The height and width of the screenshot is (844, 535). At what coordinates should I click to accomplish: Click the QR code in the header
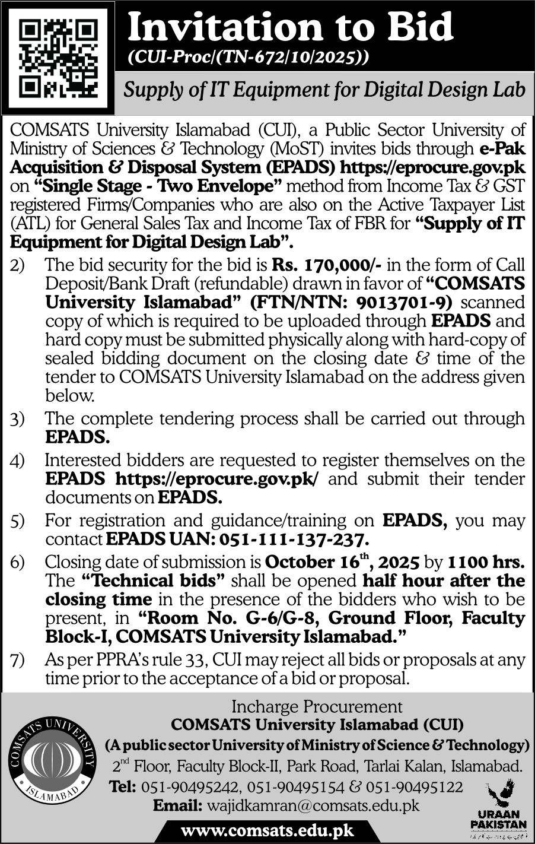tap(58, 58)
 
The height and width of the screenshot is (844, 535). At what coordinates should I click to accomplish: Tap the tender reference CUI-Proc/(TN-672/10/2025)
tap(249, 58)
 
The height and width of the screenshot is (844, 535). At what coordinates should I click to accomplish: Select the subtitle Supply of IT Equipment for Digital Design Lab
tap(324, 90)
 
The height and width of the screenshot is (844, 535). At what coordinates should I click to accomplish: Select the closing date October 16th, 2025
tap(343, 561)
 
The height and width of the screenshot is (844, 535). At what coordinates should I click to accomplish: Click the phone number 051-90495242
tap(190, 787)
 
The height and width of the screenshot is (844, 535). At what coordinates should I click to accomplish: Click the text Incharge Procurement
tap(317, 706)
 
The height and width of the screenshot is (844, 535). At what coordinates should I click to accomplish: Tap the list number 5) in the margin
tap(17, 522)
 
